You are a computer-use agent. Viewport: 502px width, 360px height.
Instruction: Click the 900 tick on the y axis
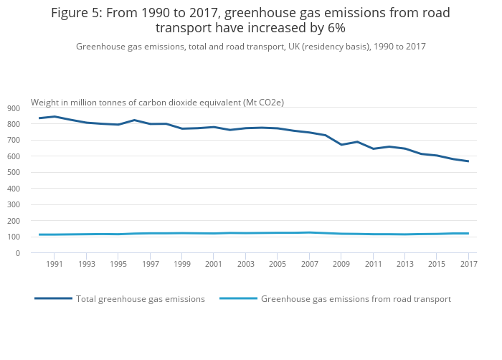pos(14,108)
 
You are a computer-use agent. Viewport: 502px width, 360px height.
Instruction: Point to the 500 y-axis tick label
pos(14,173)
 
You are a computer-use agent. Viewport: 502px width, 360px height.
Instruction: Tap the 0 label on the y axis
pos(18,253)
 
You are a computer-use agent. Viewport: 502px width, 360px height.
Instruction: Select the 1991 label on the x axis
pos(55,265)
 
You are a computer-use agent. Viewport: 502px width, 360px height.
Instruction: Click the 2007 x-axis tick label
pos(309,265)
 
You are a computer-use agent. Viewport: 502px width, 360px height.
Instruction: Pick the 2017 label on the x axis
pos(468,265)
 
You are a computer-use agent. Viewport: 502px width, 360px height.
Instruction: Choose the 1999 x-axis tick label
pos(182,265)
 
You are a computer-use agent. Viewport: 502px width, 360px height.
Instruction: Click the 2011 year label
pos(373,265)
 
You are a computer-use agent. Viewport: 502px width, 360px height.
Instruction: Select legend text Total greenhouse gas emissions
pos(141,299)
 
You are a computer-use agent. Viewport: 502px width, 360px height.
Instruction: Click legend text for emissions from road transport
pos(356,299)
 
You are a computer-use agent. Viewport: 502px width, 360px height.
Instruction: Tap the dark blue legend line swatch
pos(53,298)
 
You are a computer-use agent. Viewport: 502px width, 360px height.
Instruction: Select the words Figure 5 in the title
pos(77,13)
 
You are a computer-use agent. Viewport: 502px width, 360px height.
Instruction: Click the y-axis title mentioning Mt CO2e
pos(157,103)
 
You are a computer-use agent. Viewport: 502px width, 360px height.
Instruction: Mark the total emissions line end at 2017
pos(468,161)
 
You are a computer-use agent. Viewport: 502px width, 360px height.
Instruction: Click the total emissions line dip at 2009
pos(341,145)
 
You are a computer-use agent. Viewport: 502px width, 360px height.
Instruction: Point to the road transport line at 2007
pos(309,232)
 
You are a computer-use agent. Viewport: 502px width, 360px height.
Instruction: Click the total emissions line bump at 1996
pos(134,120)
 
